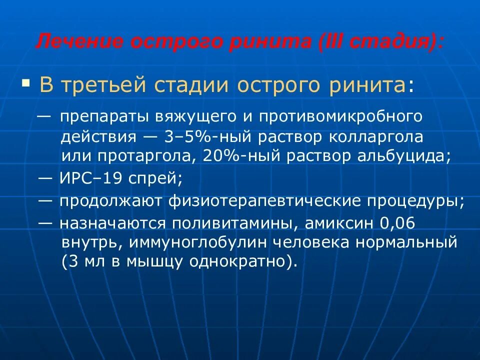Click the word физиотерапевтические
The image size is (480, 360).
coord(271,201)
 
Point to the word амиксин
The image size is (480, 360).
coord(339,223)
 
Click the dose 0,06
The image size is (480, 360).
coord(397,223)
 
